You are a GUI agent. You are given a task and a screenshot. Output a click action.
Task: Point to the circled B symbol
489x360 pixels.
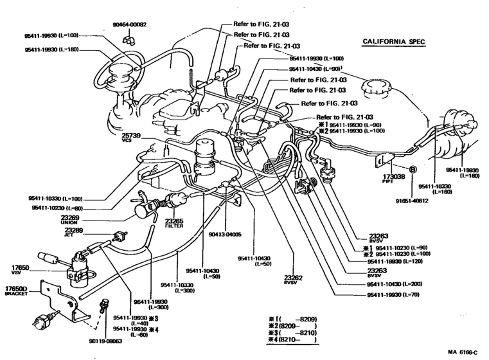click(x=413, y=168)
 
